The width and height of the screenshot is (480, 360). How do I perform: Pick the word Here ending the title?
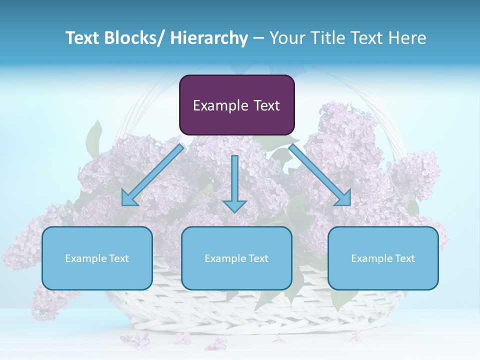(407, 38)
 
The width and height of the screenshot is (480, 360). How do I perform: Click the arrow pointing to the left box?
(152, 175)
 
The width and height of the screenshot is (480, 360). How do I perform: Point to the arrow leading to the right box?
(320, 175)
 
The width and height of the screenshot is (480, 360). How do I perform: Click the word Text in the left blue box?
(118, 258)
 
